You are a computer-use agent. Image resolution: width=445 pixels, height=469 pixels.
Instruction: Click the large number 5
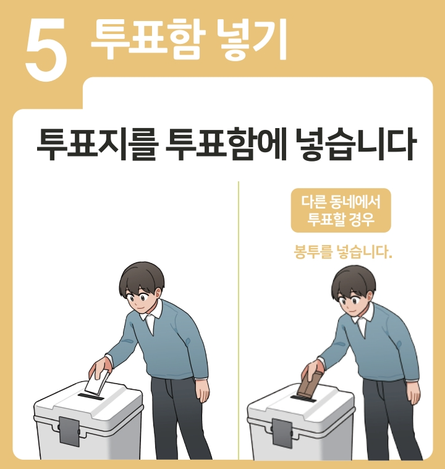tap(46, 49)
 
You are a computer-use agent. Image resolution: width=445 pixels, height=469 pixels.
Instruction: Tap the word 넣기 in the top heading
tap(252, 39)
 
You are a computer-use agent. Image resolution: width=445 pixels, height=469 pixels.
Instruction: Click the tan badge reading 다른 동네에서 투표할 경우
tap(341, 210)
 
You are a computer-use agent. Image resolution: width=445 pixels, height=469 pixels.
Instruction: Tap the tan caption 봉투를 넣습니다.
tap(342, 252)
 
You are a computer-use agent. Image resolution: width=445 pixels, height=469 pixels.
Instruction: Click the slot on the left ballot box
tap(91, 397)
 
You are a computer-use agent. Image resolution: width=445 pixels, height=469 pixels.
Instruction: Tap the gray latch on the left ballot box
tap(69, 431)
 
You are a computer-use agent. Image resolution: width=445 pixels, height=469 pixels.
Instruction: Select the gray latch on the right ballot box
tap(282, 433)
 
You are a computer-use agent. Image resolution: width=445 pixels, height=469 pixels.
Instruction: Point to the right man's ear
tap(370, 297)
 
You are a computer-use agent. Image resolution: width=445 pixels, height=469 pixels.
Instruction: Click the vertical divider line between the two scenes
tap(239, 320)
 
